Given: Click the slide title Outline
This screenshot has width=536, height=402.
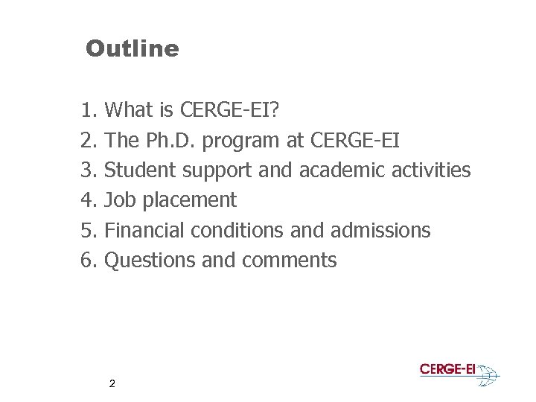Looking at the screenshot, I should (133, 49).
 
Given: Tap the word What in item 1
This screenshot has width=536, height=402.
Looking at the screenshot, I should (130, 110).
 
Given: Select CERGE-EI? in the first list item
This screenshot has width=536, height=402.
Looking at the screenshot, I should (229, 110).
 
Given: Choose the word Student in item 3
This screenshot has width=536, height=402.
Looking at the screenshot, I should (139, 170).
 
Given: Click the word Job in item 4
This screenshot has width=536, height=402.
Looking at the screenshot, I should (119, 200).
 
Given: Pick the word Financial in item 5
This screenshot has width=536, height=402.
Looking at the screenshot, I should (145, 230).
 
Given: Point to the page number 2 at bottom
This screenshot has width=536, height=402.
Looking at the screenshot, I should (112, 384).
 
